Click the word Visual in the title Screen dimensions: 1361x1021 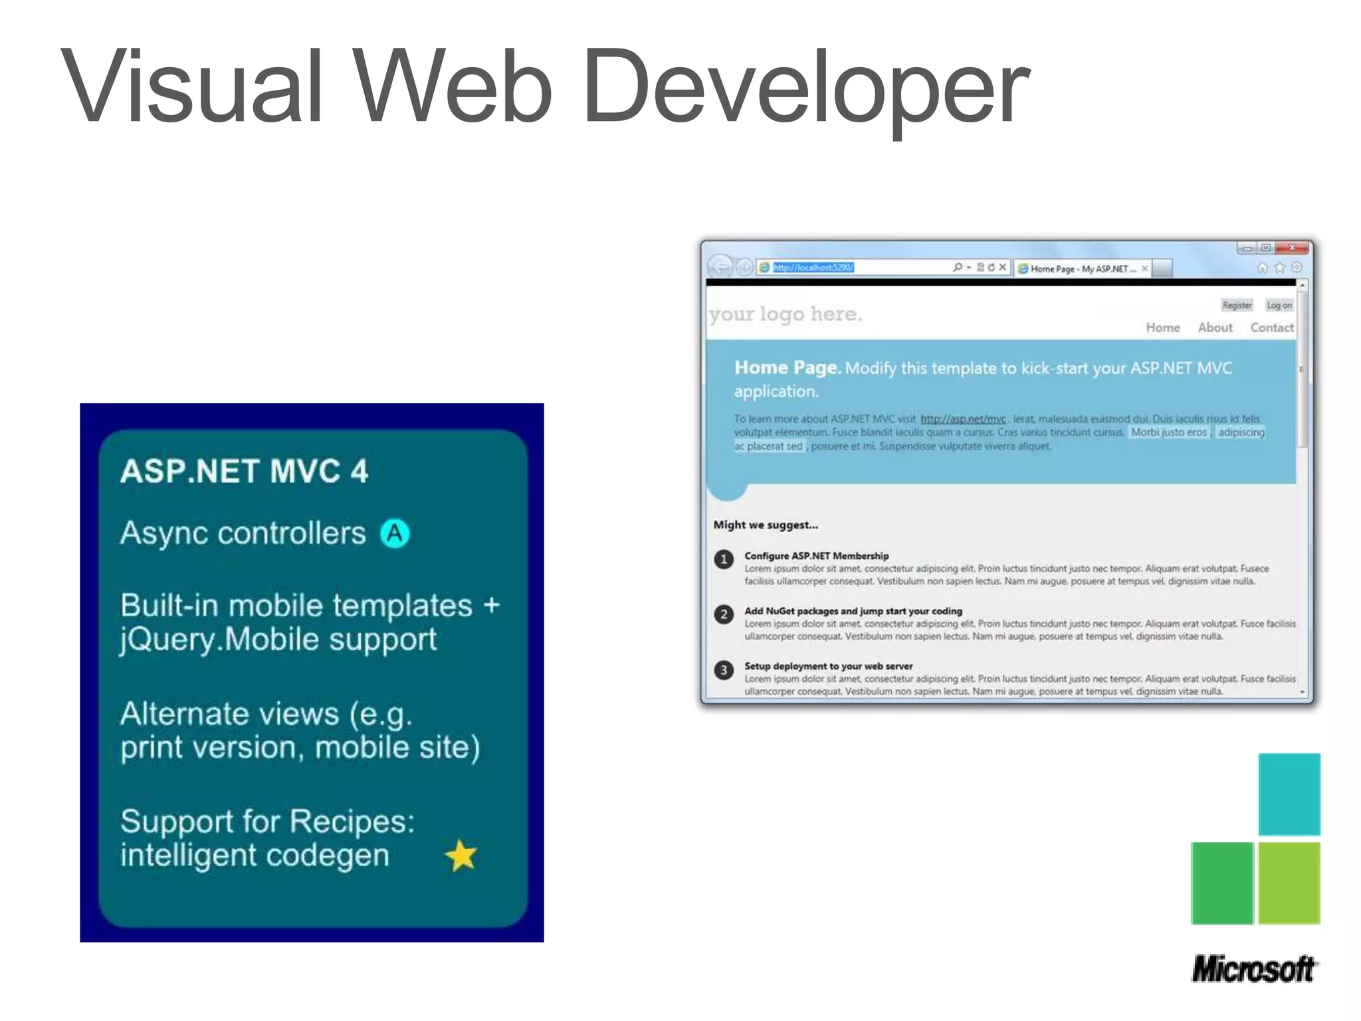point(193,86)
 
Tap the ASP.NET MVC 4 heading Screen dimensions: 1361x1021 point(244,472)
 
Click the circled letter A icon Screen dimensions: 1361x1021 point(395,533)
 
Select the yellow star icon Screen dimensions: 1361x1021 point(461,855)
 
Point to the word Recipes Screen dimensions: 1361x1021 point(352,822)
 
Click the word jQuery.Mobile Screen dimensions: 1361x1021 point(220,639)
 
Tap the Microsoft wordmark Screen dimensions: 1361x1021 point(1253,969)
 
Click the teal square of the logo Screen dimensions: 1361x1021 point(1289,794)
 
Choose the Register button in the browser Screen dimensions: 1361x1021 point(1237,305)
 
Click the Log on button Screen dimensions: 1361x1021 point(1279,305)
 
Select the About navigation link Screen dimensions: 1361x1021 point(1215,328)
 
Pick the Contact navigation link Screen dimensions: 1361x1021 point(1271,328)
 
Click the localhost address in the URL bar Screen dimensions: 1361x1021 point(813,267)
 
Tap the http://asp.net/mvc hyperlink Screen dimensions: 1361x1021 point(963,419)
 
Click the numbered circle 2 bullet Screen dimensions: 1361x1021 point(724,614)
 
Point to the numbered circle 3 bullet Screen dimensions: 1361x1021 point(724,669)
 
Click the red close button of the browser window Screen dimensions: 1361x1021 point(1292,248)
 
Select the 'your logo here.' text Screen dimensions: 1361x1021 point(785,314)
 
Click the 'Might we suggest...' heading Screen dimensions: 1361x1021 point(766,525)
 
